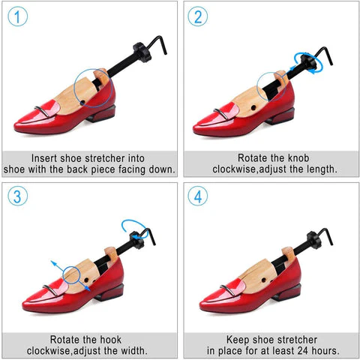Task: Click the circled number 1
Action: [18, 17]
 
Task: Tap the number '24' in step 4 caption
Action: [291, 350]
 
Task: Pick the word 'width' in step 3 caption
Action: [136, 350]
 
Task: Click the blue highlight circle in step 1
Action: [94, 85]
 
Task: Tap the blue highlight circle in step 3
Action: [74, 275]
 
